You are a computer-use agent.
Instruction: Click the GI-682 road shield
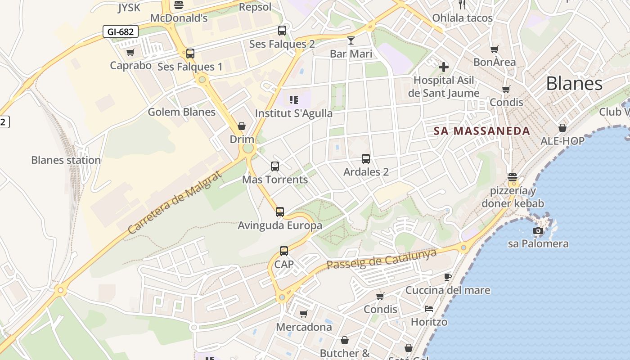point(120,31)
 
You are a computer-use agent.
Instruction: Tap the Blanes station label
point(66,160)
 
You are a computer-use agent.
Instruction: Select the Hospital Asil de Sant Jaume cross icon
point(444,67)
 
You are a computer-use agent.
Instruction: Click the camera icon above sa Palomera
point(538,231)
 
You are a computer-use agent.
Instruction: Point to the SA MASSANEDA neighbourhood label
point(482,131)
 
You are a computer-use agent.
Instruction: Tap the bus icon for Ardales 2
point(366,159)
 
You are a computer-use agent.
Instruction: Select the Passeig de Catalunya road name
point(382,259)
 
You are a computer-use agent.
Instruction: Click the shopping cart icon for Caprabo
point(130,53)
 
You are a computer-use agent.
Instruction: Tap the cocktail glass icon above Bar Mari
point(351,40)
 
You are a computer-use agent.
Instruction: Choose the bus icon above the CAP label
point(284,251)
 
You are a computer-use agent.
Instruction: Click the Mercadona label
point(304,327)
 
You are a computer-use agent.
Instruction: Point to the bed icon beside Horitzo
point(429,309)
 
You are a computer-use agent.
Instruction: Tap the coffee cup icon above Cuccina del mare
point(447,276)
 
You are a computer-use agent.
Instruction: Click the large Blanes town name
point(574,84)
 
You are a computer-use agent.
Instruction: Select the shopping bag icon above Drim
point(242,126)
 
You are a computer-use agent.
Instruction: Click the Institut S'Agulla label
point(294,113)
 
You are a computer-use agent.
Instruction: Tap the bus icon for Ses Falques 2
point(282,31)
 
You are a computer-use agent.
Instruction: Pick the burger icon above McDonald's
point(179,5)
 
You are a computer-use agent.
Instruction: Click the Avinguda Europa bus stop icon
point(280,211)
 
